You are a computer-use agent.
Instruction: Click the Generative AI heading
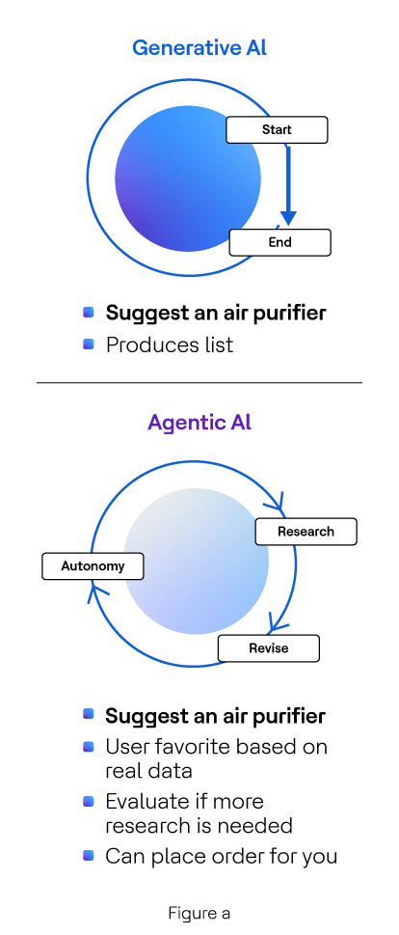click(199, 47)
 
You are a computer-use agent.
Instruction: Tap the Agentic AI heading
click(199, 423)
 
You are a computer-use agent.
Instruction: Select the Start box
click(277, 130)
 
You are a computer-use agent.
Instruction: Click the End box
click(279, 243)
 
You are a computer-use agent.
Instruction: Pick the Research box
click(306, 532)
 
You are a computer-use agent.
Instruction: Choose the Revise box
click(269, 648)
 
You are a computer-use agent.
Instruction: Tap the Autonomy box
click(93, 565)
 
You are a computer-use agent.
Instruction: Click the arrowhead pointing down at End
click(288, 217)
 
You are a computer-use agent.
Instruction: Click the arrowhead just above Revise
click(277, 621)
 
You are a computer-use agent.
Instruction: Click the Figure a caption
click(199, 913)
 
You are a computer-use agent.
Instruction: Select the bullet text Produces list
click(170, 344)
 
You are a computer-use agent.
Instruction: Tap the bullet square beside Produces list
click(89, 344)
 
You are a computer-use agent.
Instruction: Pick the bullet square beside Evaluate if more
click(89, 801)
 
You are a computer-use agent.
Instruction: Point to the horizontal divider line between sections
click(199, 382)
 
